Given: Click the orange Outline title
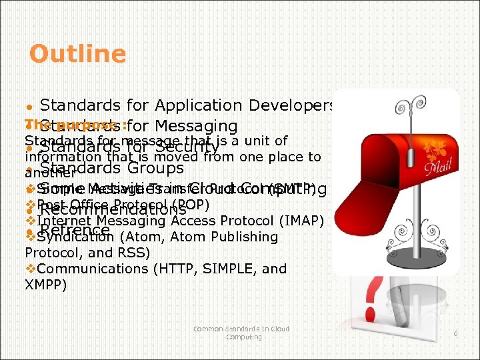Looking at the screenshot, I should click(x=77, y=54).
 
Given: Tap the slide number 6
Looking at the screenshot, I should click(x=455, y=333).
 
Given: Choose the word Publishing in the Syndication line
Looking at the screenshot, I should click(x=243, y=237).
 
